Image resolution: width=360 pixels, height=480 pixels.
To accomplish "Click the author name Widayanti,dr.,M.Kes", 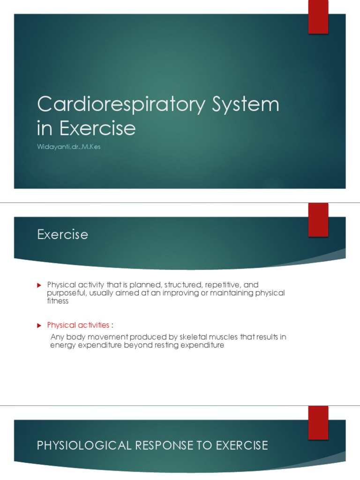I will pos(69,147).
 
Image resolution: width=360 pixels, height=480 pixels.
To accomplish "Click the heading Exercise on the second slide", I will pos(62,234).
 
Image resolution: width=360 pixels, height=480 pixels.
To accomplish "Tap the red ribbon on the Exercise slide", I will pos(318,220).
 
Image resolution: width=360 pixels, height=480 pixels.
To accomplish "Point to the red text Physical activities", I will pos(78,325).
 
